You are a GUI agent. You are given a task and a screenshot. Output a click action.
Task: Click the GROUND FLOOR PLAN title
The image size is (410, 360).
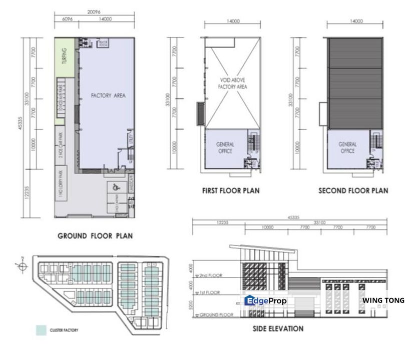point(95,236)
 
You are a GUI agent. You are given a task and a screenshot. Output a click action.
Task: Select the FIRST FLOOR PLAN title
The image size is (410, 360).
point(231,190)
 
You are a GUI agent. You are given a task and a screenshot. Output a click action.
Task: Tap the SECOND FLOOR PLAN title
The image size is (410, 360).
point(353,190)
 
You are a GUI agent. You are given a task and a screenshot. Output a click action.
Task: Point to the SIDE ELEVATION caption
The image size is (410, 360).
point(278,329)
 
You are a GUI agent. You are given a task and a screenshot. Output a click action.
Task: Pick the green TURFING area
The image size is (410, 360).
point(65,58)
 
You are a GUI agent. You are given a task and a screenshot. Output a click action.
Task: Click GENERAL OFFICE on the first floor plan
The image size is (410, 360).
point(225,147)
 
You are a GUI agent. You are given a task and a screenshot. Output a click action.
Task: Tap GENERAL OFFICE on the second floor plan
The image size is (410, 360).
point(347,147)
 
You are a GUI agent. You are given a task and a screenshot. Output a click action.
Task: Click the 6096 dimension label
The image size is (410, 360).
point(65,19)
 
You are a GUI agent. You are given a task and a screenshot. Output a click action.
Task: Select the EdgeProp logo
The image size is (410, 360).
point(265,301)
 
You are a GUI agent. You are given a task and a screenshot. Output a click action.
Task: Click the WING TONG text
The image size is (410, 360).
point(383,300)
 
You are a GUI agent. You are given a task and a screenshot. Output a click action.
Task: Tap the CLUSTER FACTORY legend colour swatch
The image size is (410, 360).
point(41,330)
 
